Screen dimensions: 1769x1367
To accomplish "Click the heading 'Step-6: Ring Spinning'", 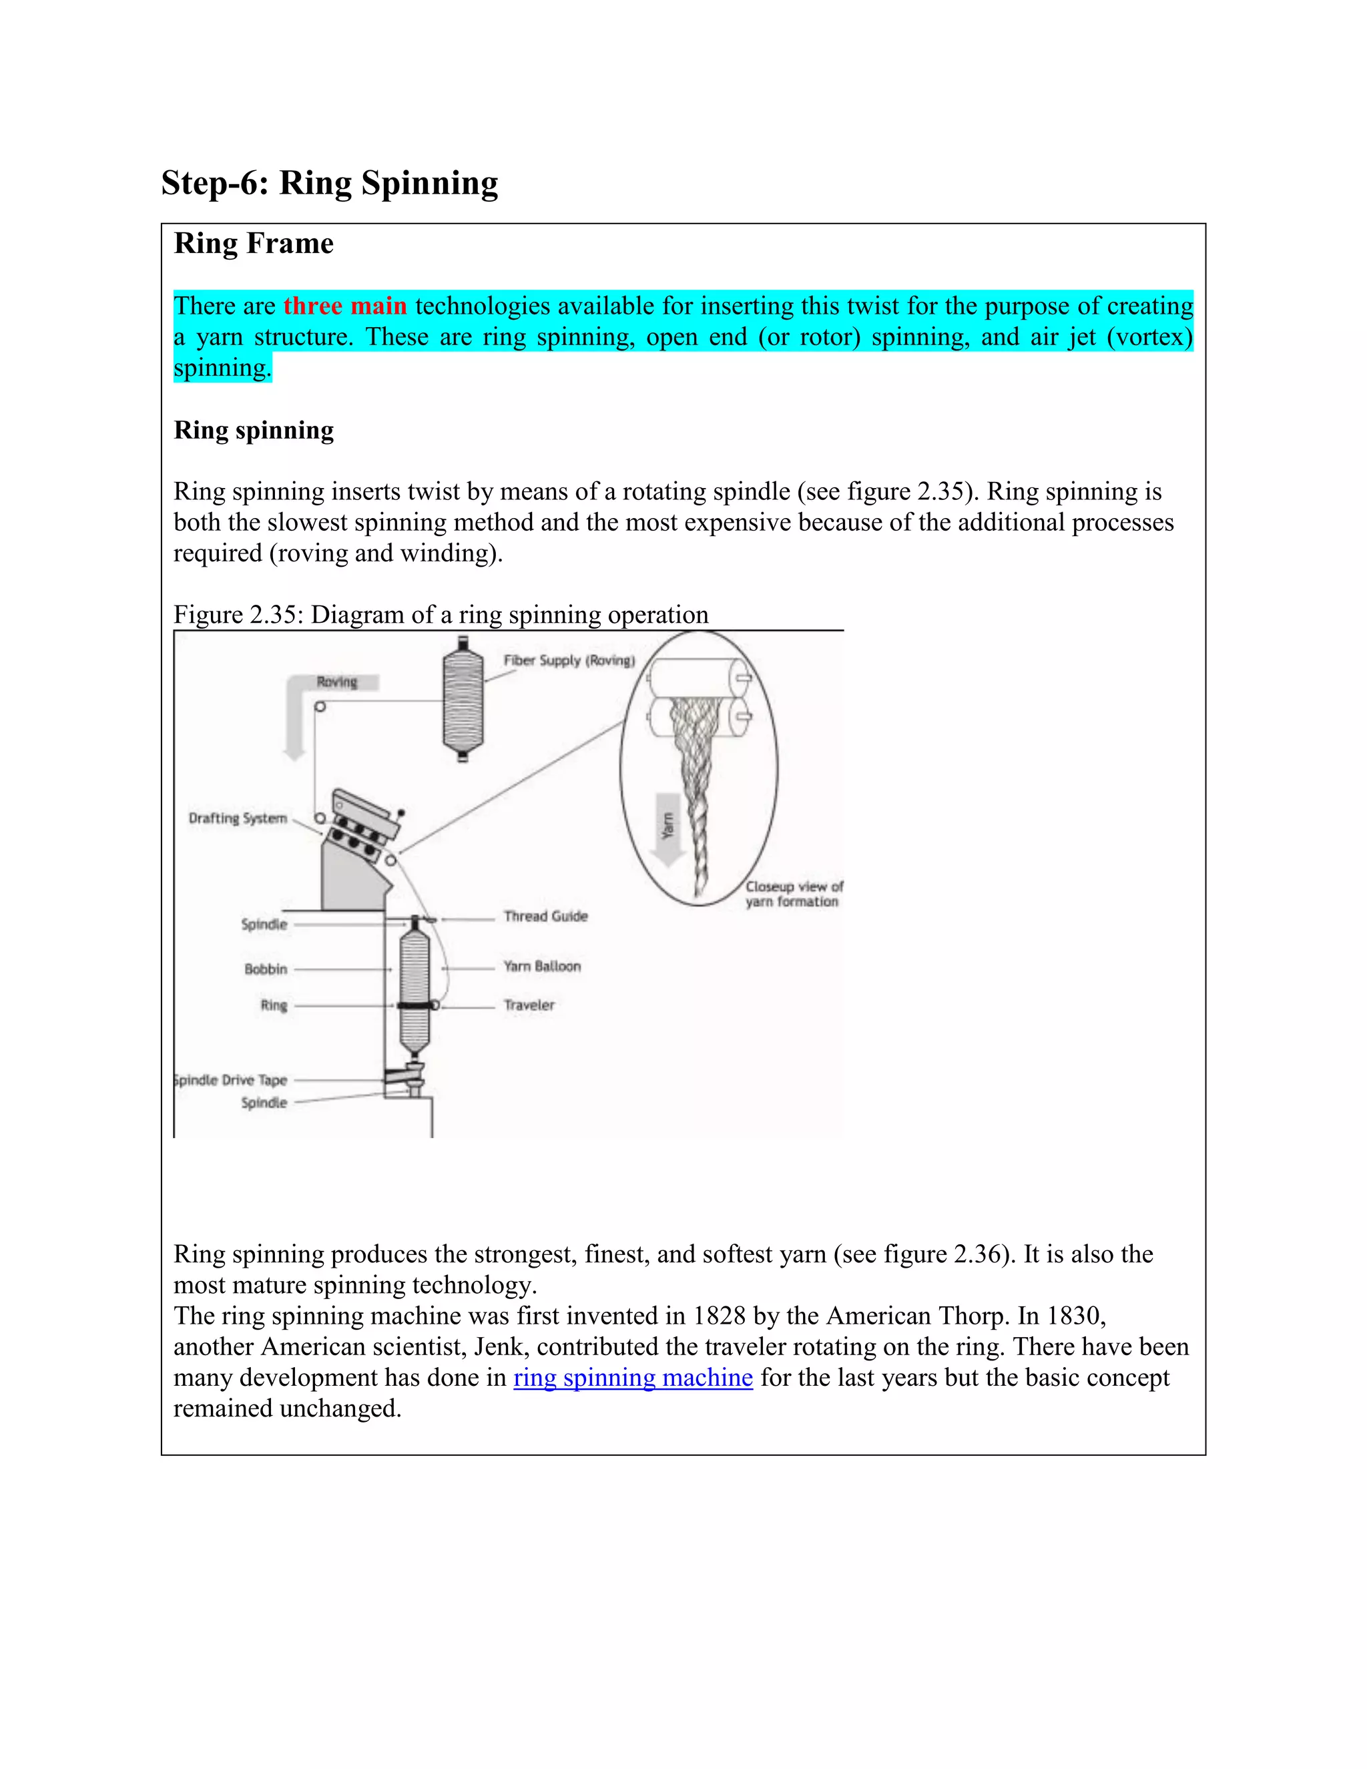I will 329,183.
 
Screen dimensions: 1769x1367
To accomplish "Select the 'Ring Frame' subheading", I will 254,244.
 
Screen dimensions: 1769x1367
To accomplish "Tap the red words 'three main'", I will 345,306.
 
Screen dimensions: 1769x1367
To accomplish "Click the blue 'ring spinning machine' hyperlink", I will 633,1378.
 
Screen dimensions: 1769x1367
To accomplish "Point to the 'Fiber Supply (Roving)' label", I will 569,660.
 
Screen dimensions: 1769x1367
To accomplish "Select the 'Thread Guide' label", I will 545,916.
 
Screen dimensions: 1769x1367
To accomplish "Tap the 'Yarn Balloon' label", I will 542,967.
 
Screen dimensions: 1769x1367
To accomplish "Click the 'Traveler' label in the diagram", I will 529,1005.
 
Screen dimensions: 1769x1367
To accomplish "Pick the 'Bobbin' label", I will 266,969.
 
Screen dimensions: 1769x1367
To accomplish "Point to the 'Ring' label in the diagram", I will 274,1005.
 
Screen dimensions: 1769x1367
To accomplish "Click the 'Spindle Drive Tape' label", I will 232,1079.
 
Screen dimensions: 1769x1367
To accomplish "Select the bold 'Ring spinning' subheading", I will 254,430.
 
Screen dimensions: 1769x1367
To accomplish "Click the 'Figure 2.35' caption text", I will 441,615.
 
